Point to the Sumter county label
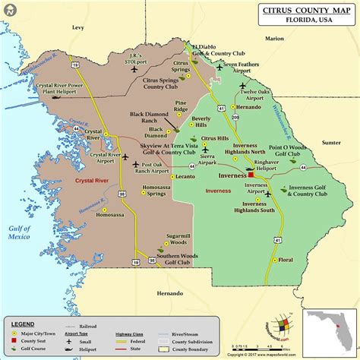pos(331,142)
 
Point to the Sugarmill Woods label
pos(178,241)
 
